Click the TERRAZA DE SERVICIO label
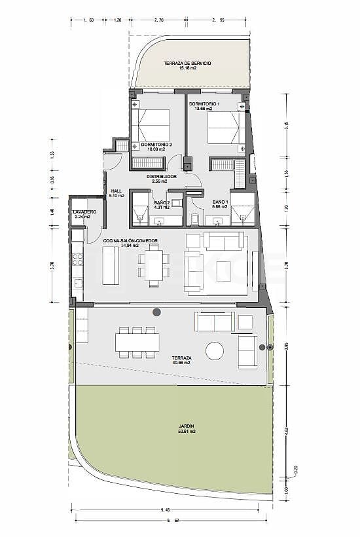point(187,63)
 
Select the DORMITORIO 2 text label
point(156,144)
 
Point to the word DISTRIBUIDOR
point(161,176)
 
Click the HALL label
point(117,191)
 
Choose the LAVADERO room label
point(85,212)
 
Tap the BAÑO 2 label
point(161,202)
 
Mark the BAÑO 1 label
point(221,202)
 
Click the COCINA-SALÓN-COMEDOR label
point(131,241)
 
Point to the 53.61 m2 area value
point(187,432)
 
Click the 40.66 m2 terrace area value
point(181,362)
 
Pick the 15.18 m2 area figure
point(187,68)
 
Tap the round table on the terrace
point(215,351)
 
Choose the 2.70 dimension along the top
point(159,20)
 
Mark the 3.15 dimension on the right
point(285,125)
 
